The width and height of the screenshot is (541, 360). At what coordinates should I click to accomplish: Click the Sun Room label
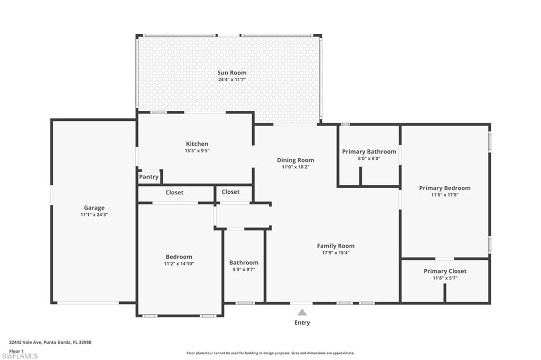point(232,73)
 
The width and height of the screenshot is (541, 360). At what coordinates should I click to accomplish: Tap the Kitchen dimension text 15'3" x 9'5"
point(197,151)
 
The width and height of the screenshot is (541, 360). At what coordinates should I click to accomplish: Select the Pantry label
point(148,177)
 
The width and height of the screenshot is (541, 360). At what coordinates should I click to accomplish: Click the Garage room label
point(94,208)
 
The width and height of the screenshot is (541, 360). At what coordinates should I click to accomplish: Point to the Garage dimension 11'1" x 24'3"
point(94,215)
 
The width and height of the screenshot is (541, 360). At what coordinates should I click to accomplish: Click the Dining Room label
point(295,160)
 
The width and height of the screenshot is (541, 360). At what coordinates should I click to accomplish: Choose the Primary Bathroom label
point(369,151)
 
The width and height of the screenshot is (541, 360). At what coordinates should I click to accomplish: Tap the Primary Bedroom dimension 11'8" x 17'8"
point(444,195)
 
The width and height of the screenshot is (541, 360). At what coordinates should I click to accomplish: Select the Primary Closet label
point(445,271)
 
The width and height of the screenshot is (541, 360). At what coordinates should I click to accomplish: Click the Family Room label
point(335,246)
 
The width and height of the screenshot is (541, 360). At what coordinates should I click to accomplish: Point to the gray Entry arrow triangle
point(302,312)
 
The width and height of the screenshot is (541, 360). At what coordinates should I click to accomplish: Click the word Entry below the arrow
point(302,323)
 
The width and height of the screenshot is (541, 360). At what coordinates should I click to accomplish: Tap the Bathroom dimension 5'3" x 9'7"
point(244,269)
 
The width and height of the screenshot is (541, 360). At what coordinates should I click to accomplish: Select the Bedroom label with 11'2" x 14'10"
point(179,257)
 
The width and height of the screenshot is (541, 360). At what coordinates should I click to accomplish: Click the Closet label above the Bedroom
point(174,193)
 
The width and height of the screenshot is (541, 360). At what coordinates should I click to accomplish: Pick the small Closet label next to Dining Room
point(230,192)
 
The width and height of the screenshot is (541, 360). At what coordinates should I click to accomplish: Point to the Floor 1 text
point(17,351)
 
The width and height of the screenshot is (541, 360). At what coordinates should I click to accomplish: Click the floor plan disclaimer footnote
point(270,353)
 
